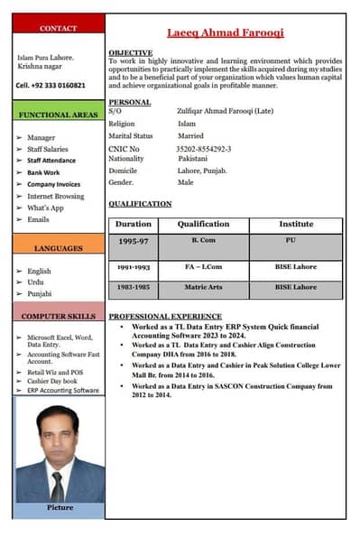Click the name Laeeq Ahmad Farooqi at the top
[x=226, y=32]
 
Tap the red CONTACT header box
[x=59, y=29]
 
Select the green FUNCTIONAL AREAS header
[x=59, y=115]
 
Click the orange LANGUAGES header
[x=59, y=247]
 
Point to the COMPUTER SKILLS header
[x=59, y=317]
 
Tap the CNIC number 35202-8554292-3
[x=205, y=148]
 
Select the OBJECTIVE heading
[x=130, y=53]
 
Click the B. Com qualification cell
[x=203, y=241]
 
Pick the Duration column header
[x=134, y=224]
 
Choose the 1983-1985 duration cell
[x=134, y=287]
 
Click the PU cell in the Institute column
[x=291, y=241]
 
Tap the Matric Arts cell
[x=203, y=287]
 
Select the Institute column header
[x=296, y=224]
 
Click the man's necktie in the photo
[x=58, y=485]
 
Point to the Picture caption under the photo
[x=60, y=508]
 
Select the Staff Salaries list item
[x=48, y=149]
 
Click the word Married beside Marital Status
[x=190, y=136]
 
